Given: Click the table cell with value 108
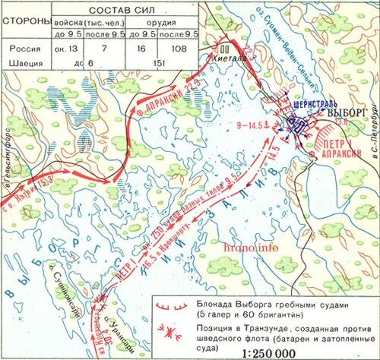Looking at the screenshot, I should coord(180,48).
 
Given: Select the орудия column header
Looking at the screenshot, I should coord(161,22).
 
